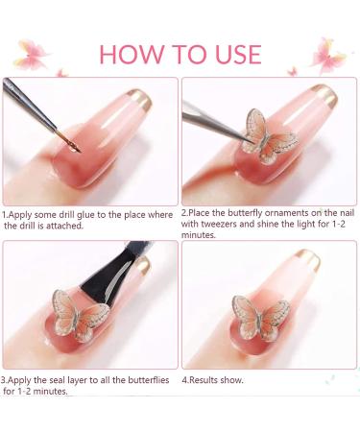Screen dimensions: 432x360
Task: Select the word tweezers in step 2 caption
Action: (212, 226)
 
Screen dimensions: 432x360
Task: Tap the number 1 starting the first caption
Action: (4, 215)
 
